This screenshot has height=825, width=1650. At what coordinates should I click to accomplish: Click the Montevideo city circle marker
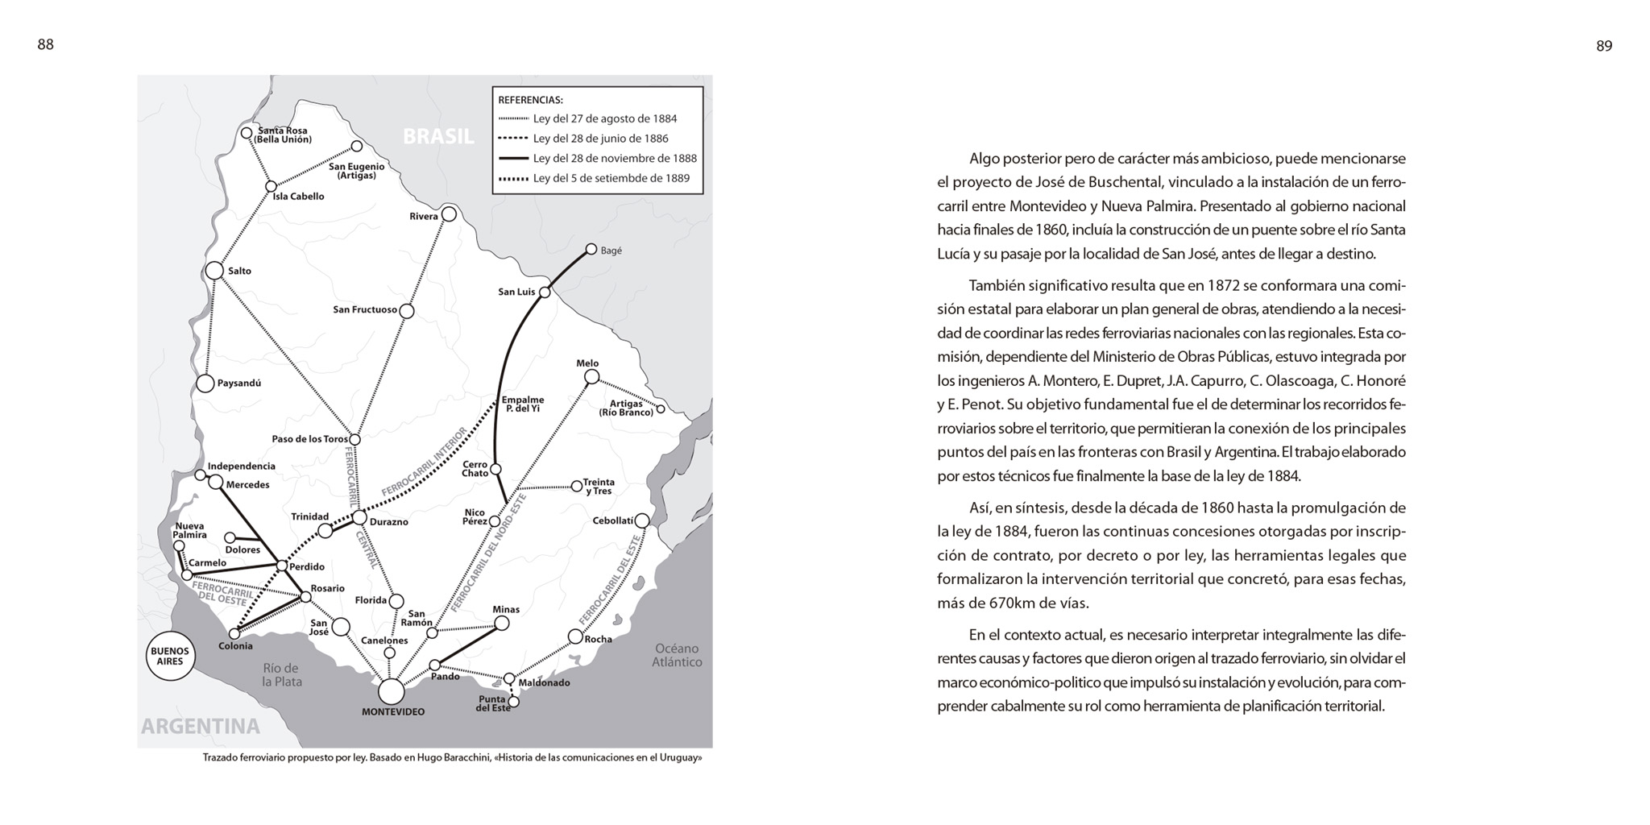[x=391, y=691]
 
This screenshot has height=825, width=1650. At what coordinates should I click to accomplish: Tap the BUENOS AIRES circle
[x=170, y=657]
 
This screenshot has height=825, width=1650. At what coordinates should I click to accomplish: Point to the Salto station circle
[x=214, y=271]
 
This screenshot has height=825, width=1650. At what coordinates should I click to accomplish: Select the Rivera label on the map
[x=424, y=216]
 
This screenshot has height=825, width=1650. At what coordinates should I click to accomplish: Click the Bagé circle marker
[x=591, y=250]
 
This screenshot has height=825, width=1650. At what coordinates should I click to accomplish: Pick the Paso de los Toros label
[x=309, y=439]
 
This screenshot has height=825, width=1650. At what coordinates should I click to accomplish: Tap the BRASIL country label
[x=438, y=136]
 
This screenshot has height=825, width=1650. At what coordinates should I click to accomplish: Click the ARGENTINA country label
[x=201, y=726]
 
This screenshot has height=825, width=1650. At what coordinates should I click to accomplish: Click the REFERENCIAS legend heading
[x=530, y=100]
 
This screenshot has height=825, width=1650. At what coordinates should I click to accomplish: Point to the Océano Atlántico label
[x=677, y=655]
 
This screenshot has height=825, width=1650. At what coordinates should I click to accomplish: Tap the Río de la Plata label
[x=281, y=674]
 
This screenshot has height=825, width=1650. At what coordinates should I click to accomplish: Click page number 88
[x=46, y=45]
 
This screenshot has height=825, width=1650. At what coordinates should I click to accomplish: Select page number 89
[x=1604, y=47]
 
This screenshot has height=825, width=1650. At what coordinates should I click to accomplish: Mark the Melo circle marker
[x=591, y=376]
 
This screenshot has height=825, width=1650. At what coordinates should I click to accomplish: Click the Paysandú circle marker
[x=205, y=383]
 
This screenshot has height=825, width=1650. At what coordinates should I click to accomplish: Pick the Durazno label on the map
[x=389, y=522]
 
